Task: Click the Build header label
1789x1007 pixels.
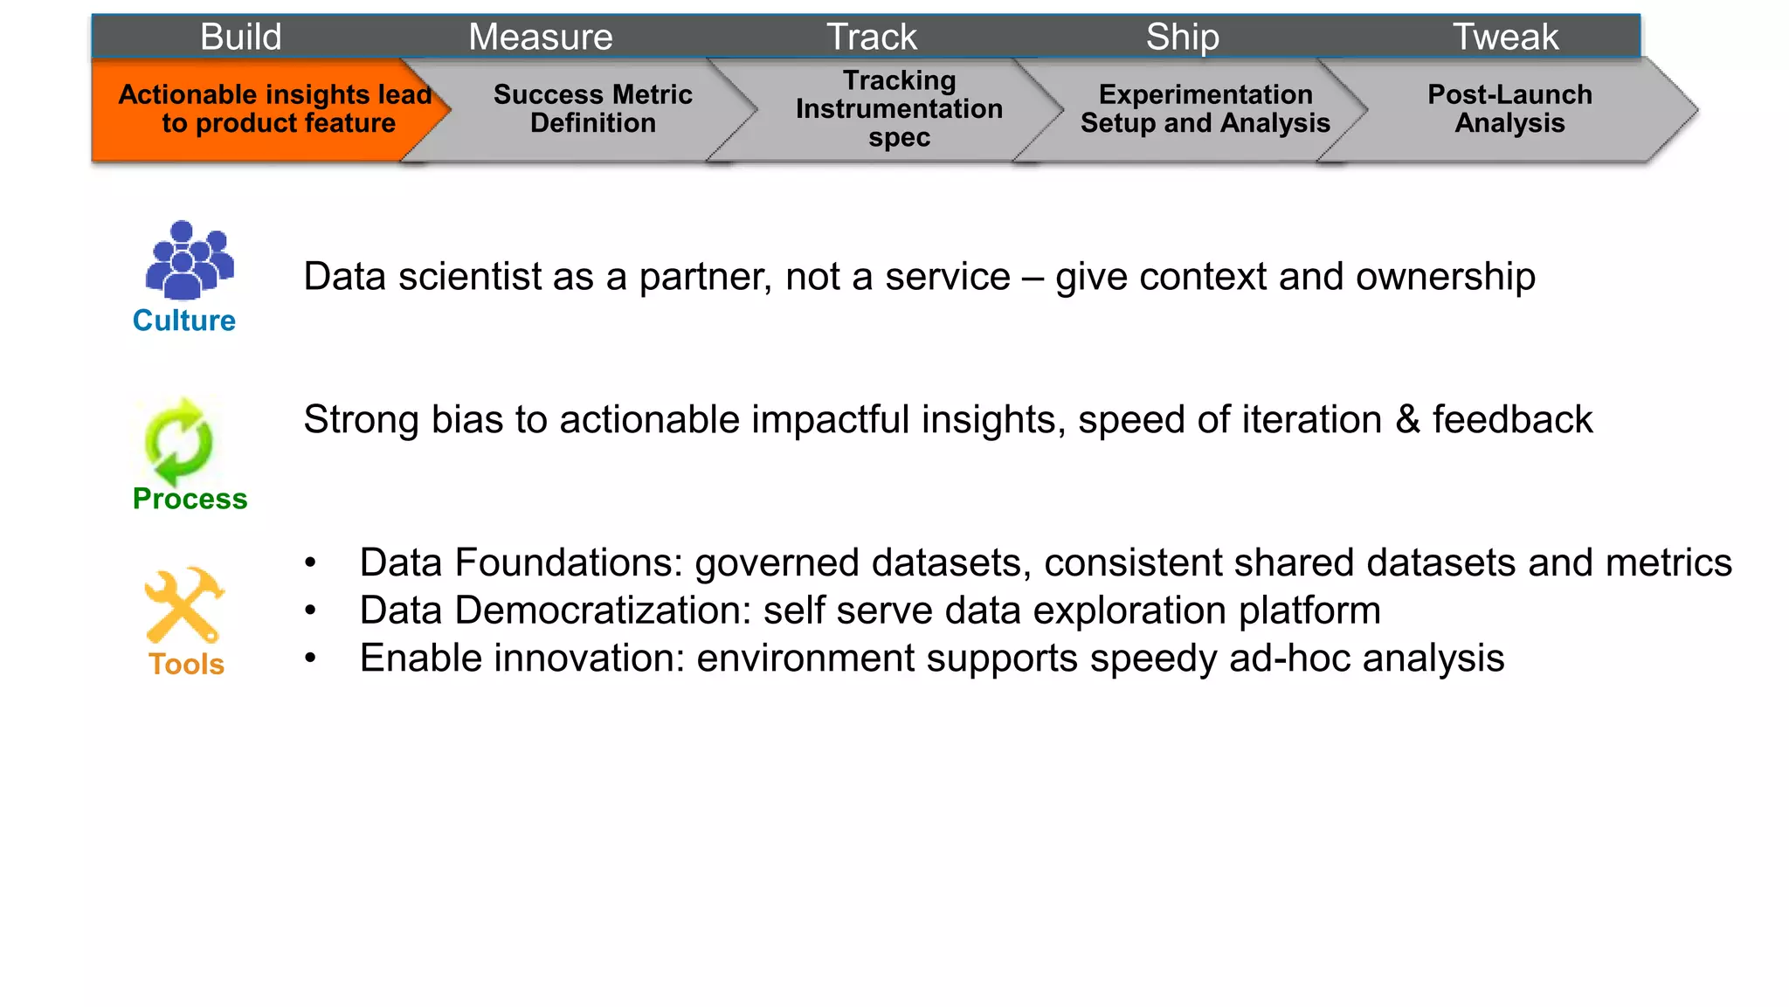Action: click(x=241, y=37)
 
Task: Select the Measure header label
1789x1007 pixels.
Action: click(x=541, y=37)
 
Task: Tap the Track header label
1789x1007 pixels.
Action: click(x=872, y=37)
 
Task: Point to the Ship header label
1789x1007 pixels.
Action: click(x=1183, y=37)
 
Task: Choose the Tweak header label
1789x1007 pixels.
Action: click(x=1505, y=37)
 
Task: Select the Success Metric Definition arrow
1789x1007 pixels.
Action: click(x=592, y=109)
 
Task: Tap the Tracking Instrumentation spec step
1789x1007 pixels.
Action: click(x=899, y=109)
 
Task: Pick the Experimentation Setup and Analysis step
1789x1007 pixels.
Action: click(x=1205, y=109)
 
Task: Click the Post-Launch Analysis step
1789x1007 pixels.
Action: click(x=1509, y=109)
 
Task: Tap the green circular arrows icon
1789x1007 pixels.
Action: click(x=178, y=441)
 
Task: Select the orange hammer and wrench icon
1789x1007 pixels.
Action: click(x=184, y=604)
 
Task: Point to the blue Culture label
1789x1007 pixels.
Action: click(x=184, y=321)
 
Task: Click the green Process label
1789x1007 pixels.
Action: click(x=190, y=499)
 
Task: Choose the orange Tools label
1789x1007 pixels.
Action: click(x=186, y=664)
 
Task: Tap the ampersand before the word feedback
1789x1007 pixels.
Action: click(x=1407, y=420)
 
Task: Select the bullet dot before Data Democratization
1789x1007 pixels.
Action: click(x=310, y=610)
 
